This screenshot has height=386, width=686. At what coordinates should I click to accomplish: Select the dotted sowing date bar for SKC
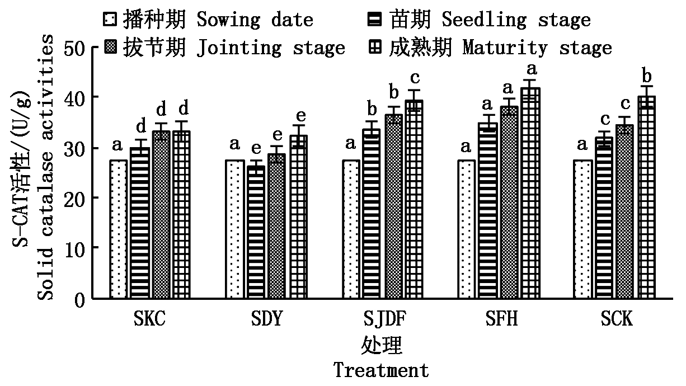[x=119, y=229]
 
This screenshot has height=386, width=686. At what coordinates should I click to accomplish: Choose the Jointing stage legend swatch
[x=109, y=48]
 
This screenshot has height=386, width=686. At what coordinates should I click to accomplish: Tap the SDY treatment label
[x=266, y=319]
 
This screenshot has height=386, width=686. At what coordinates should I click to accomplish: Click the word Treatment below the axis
[x=382, y=370]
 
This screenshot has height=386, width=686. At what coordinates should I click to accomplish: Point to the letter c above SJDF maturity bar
[x=415, y=78]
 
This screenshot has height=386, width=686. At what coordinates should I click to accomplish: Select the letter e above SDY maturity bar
[x=300, y=115]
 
